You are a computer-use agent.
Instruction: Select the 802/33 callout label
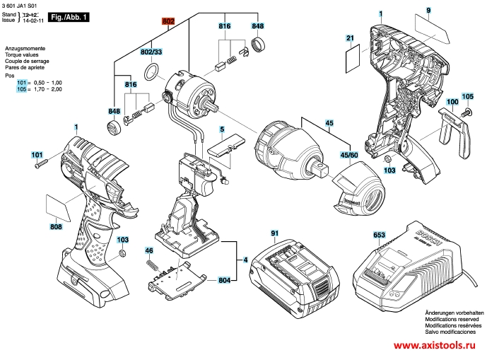click(151, 52)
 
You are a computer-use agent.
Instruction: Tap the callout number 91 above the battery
click(275, 233)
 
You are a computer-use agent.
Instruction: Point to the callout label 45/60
click(348, 154)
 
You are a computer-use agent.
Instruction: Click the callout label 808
click(56, 226)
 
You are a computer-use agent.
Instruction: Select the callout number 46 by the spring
click(149, 251)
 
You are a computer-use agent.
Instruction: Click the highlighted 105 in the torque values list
click(21, 90)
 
